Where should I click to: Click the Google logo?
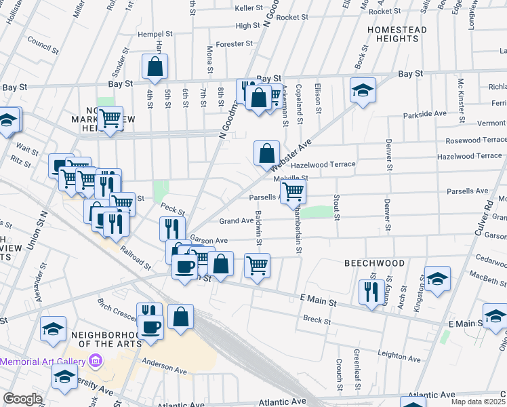[22, 399]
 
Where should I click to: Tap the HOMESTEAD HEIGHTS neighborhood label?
[397, 35]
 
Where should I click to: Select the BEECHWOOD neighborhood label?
[374, 263]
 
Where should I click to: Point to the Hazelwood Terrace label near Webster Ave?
[323, 165]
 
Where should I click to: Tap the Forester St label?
[234, 44]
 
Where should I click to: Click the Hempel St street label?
[156, 34]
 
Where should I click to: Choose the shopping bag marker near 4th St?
[155, 67]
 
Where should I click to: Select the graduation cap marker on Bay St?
[363, 90]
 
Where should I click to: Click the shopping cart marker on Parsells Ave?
[293, 192]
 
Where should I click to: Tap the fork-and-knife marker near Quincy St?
[369, 292]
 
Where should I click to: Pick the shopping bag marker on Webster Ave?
[267, 153]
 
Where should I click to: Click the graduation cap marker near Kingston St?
[437, 278]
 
